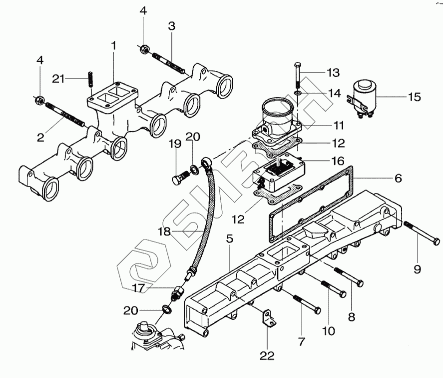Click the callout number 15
pos(415,97)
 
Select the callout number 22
pos(267,355)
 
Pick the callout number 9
pos(418,269)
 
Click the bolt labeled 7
pos(307,304)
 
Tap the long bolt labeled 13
pos(298,75)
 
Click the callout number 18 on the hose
pos(164,231)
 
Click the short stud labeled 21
pos(90,80)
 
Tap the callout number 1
pos(113,46)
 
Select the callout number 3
pos(171,26)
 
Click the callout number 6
pos(398,178)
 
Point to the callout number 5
pos(230,239)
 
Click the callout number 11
pos(339,125)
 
